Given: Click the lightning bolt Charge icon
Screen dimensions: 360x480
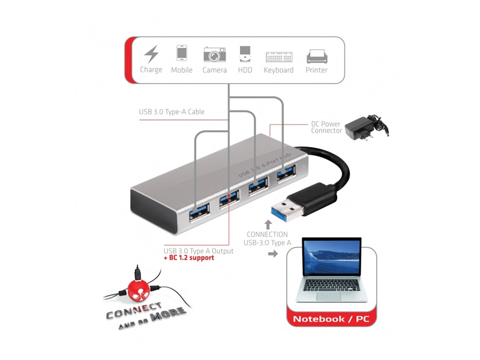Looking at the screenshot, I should tap(151, 55).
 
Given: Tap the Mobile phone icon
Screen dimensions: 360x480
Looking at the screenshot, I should tap(182, 53).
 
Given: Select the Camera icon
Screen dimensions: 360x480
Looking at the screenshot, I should tap(214, 54).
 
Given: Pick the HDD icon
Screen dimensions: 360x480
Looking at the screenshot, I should tap(245, 54).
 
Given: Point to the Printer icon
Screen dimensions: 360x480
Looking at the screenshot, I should tap(317, 56).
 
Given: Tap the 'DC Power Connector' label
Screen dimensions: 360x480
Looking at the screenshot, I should tap(326, 127).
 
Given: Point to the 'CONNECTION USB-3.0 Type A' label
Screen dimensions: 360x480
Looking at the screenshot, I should tap(267, 238).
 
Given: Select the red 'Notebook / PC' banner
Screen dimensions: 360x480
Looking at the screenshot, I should tap(331, 319).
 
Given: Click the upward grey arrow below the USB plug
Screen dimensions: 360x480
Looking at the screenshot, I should tap(268, 224).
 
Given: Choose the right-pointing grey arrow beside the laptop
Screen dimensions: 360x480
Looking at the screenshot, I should tap(272, 254).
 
